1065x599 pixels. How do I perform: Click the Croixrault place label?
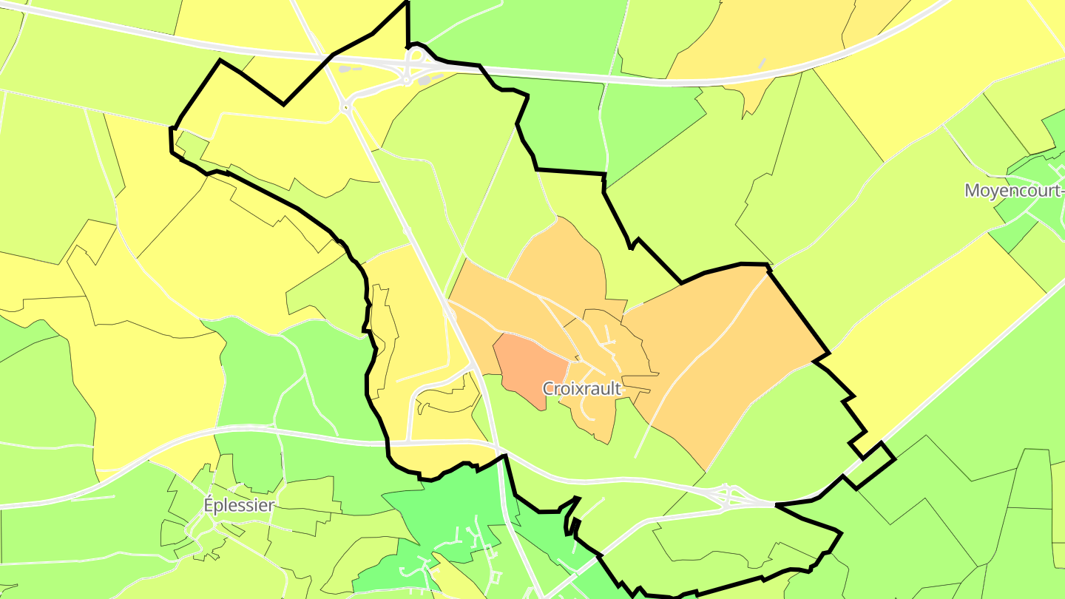[581, 388]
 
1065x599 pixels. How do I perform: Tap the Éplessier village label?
[239, 506]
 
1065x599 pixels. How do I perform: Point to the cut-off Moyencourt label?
[1014, 190]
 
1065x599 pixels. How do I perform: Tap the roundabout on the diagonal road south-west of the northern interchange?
[345, 108]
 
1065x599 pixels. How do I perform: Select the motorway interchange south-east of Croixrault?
[728, 497]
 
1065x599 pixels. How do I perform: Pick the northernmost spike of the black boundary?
[407, 3]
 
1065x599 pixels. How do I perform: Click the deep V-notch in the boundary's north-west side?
[283, 104]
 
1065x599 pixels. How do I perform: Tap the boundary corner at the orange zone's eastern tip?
[826, 353]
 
